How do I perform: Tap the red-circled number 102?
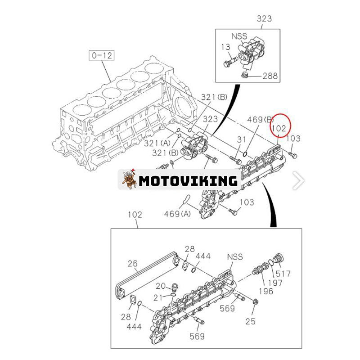click(x=279, y=128)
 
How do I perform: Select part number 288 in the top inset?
click(x=270, y=76)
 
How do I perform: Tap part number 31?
click(x=242, y=139)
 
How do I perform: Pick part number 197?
click(x=274, y=283)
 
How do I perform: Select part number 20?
click(x=161, y=286)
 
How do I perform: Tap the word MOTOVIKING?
click(x=188, y=181)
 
